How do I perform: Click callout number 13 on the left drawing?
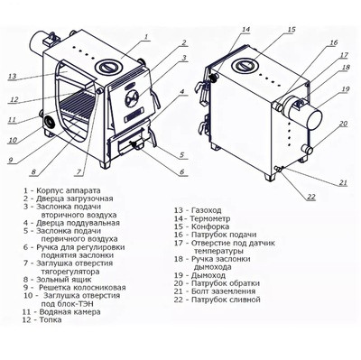point(12,76)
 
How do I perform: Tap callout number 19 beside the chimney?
point(346,89)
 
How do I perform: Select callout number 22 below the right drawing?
point(311,197)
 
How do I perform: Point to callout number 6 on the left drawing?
point(181,171)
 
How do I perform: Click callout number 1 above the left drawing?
point(145,37)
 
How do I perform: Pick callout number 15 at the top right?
point(292,30)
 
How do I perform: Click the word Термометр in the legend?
point(210,218)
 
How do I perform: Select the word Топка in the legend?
point(51,319)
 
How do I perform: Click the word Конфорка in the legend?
point(210,226)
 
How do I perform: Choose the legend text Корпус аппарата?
point(69,190)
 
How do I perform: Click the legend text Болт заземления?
point(223,291)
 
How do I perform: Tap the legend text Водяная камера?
point(69,312)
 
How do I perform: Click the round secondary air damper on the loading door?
point(132,98)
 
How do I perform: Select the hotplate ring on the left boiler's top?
point(109,67)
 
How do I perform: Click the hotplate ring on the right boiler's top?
point(245,65)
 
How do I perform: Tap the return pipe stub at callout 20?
point(307,148)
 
